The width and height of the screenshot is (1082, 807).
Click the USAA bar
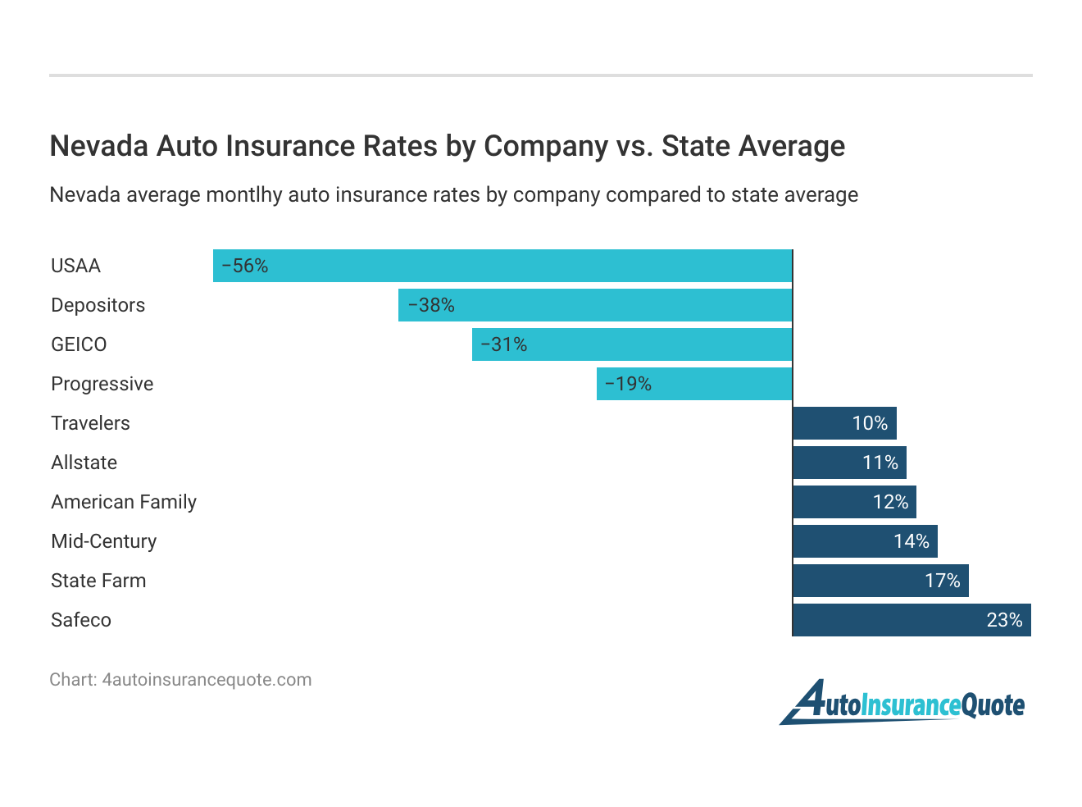click(x=502, y=266)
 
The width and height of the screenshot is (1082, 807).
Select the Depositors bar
click(x=595, y=305)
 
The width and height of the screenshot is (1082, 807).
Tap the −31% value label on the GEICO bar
click(x=503, y=344)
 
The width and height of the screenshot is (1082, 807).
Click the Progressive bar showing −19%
click(x=694, y=384)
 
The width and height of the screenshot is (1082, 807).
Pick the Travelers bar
click(x=844, y=423)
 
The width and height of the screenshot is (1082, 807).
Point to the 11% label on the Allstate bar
click(x=880, y=463)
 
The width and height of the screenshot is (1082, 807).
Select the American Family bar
click(x=854, y=502)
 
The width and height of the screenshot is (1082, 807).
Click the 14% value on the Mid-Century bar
click(x=911, y=541)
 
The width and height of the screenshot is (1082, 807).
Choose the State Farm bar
click(x=880, y=581)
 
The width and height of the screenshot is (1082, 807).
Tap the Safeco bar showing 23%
click(x=912, y=620)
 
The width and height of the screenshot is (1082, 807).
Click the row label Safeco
click(x=81, y=620)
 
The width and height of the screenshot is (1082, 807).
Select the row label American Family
click(x=124, y=502)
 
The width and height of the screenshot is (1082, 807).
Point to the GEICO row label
click(x=79, y=344)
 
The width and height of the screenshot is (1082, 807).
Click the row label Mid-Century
click(x=103, y=541)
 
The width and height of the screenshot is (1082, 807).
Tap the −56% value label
click(x=244, y=266)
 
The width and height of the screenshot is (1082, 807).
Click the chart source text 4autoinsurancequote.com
click(x=207, y=680)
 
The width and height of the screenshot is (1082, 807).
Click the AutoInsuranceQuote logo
click(x=902, y=703)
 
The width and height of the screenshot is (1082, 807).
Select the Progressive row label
click(x=102, y=384)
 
